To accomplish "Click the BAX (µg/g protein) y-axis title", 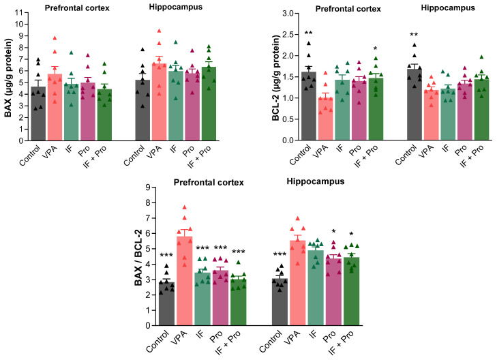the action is point(8,78).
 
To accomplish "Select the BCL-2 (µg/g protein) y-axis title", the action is point(275,78).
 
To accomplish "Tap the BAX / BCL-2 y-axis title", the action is point(138,256).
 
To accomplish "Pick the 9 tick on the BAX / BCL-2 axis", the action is point(148,187).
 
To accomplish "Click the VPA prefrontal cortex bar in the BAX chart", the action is point(55,107).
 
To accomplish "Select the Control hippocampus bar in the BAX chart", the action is point(142,110).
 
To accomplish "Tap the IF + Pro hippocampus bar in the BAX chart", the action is point(209,104).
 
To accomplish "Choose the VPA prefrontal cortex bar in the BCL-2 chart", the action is point(325,119).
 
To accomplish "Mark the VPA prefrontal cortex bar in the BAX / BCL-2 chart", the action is point(185,281).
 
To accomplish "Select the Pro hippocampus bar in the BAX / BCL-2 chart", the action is point(334,292).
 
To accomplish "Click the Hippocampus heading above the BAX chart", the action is point(176,7).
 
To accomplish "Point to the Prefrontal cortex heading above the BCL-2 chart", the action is point(348,9).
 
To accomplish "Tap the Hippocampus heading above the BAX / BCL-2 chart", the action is point(316,181).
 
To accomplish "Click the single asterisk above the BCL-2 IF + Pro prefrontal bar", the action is point(376,48).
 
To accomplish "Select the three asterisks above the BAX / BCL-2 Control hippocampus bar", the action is point(280,254).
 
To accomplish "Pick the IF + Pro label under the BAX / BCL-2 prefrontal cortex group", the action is point(228,342).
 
